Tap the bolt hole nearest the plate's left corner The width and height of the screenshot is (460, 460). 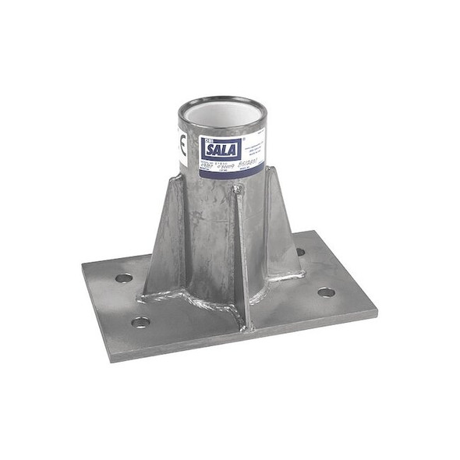123,278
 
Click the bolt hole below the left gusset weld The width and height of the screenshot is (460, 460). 141,321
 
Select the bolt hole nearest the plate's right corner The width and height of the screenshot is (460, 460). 326,292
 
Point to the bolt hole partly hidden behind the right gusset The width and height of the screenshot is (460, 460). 300,252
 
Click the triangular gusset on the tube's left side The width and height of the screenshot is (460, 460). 166,234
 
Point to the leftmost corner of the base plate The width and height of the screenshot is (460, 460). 83,267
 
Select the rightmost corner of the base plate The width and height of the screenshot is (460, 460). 377,310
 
